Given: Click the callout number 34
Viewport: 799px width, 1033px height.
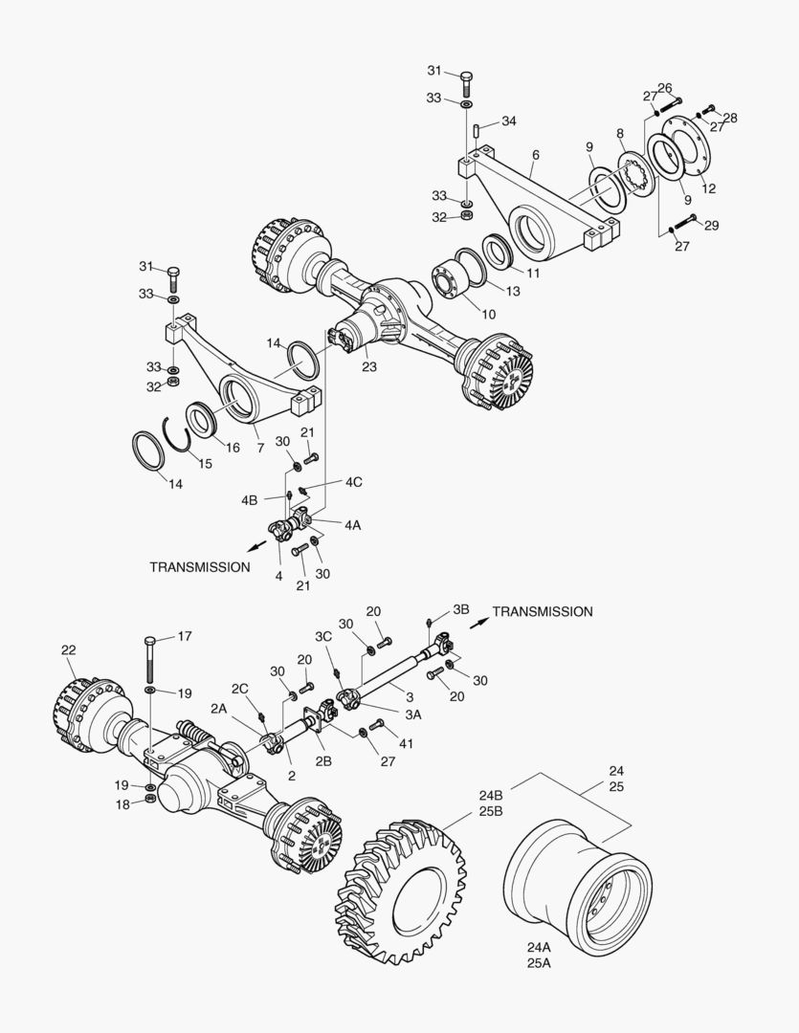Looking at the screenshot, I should click(x=509, y=121).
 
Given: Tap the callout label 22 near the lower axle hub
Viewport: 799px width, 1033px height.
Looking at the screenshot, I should click(x=69, y=649).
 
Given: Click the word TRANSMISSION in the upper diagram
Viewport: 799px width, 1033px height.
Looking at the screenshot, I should click(x=200, y=566).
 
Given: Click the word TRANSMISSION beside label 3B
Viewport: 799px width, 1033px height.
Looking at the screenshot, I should click(x=543, y=611).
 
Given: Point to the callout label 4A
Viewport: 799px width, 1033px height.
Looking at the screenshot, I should click(x=353, y=525).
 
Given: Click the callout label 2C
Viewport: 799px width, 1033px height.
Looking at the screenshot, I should click(x=240, y=688).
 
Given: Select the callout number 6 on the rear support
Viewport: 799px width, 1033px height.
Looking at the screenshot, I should click(x=535, y=154).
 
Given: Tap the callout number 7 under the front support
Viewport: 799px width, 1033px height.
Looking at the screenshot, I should click(x=260, y=447).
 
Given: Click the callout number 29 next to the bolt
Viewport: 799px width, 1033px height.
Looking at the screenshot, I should click(x=712, y=226).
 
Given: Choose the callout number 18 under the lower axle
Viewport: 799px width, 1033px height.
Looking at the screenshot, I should click(x=123, y=804).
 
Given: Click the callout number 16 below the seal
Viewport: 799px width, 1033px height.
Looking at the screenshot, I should click(x=233, y=447).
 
